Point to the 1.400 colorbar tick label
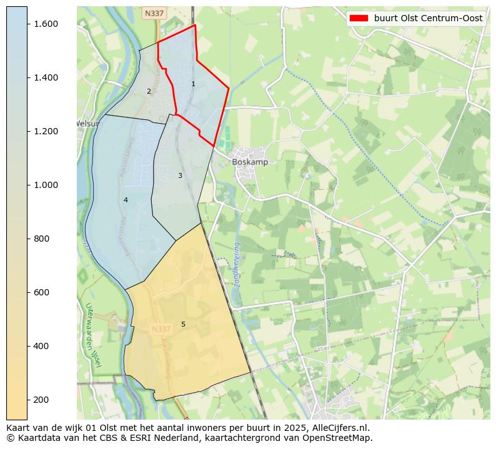pyautogui.click(x=46, y=77)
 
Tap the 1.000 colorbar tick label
pyautogui.click(x=46, y=185)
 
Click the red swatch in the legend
pyautogui.click(x=359, y=18)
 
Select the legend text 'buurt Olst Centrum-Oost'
pyautogui.click(x=428, y=18)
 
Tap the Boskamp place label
pyautogui.click(x=250, y=162)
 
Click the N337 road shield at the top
pyautogui.click(x=153, y=13)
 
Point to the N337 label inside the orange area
pyautogui.click(x=161, y=329)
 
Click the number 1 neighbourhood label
pyautogui.click(x=193, y=84)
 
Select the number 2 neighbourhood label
pyautogui.click(x=149, y=91)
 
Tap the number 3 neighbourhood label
pyautogui.click(x=180, y=175)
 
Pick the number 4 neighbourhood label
pyautogui.click(x=126, y=200)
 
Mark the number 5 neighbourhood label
pyautogui.click(x=183, y=324)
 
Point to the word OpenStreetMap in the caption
pyautogui.click(x=341, y=438)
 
